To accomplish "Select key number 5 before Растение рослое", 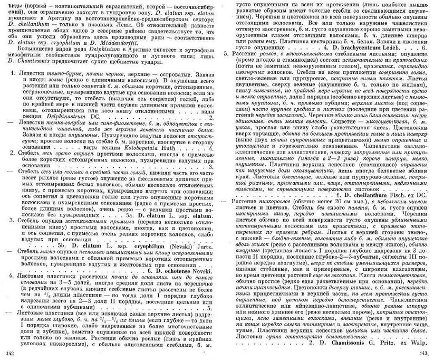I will click(226, 54).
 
